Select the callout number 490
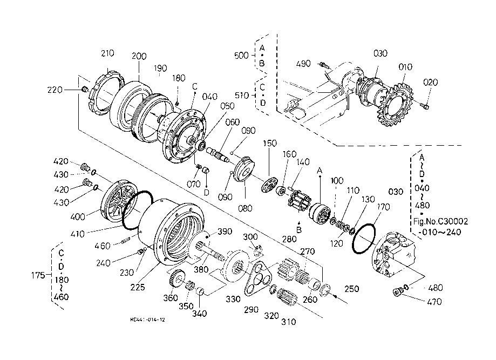click(x=303, y=64)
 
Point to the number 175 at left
click(x=38, y=275)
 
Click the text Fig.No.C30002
click(x=439, y=221)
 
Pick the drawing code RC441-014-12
click(x=147, y=320)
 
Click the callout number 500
click(x=242, y=56)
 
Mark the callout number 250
click(x=352, y=289)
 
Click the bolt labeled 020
click(x=425, y=107)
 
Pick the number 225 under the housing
click(x=137, y=288)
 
